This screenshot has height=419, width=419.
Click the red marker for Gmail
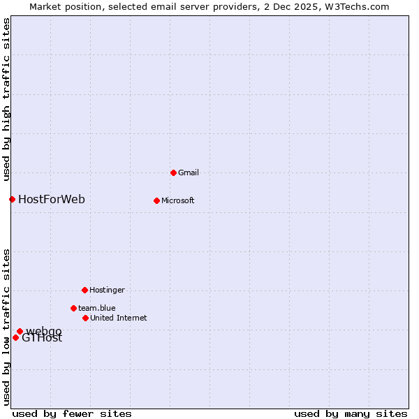pyautogui.click(x=173, y=172)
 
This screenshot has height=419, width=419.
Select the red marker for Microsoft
pyautogui.click(x=156, y=200)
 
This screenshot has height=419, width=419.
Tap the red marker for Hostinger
pyautogui.click(x=84, y=290)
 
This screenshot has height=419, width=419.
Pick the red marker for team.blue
pyautogui.click(x=73, y=308)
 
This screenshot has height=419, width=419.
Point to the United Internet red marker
pyautogui.click(x=85, y=318)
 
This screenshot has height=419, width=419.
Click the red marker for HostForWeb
pyautogui.click(x=12, y=199)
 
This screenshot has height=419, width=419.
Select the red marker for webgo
pyautogui.click(x=20, y=331)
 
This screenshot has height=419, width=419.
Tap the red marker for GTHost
pyautogui.click(x=15, y=337)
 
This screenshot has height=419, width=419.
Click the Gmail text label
pyautogui.click(x=189, y=173)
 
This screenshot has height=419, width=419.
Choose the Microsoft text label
pyautogui.click(x=177, y=201)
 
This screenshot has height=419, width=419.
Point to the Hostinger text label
pyautogui.click(x=107, y=291)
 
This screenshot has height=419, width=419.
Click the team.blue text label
pyautogui.click(x=97, y=309)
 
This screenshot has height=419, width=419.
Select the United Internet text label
pyautogui.click(x=118, y=318)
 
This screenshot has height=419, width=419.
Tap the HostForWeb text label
pyautogui.click(x=52, y=200)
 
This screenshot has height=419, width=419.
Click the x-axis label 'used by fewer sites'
pyautogui.click(x=72, y=413)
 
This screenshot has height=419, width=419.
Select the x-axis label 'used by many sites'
pyautogui.click(x=351, y=413)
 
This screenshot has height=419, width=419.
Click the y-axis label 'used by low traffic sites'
pyautogui.click(x=6, y=327)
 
